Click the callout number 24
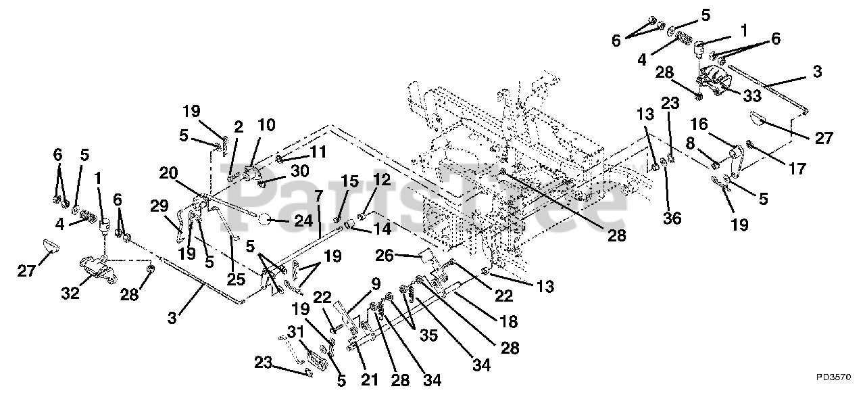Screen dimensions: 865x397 tap(303, 220)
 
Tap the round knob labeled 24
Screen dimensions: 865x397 tap(266, 220)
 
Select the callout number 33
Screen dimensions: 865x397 tap(752, 95)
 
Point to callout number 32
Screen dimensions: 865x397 tap(70, 294)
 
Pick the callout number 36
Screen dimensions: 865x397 tap(672, 218)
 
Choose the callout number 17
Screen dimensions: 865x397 tap(797, 168)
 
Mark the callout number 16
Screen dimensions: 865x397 tap(699, 124)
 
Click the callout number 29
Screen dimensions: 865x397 tap(159, 206)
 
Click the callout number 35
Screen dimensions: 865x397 tap(428, 335)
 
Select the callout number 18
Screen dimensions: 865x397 tap(509, 321)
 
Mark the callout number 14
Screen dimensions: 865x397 tap(382, 229)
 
